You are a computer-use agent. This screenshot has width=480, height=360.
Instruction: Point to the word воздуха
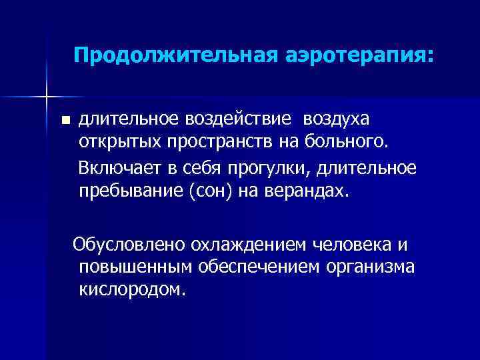[339, 119]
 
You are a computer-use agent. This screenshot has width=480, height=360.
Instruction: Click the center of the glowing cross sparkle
[47, 96]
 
